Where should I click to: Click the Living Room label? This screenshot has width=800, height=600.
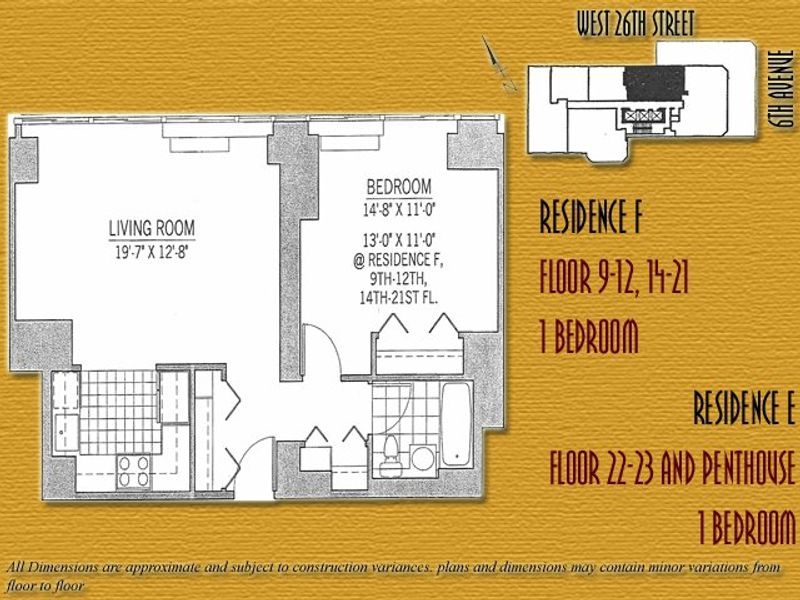pos(152,228)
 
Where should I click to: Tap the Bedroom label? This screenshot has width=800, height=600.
pos(399,187)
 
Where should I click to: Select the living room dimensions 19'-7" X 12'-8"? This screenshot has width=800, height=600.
pos(152,252)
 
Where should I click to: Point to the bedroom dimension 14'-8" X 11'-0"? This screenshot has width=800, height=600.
pos(399,210)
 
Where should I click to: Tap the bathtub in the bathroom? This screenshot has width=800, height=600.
pos(456,424)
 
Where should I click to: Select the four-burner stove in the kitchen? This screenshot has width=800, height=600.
pos(134,471)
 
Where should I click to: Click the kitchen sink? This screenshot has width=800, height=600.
pos(66,433)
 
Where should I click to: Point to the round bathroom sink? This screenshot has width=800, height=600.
pos(423,458)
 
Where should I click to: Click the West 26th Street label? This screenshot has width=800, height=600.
pos(636,24)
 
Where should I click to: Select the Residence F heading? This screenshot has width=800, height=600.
pos(590,216)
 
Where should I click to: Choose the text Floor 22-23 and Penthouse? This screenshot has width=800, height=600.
pos(672,467)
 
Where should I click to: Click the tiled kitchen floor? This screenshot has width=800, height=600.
pos(119,412)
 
